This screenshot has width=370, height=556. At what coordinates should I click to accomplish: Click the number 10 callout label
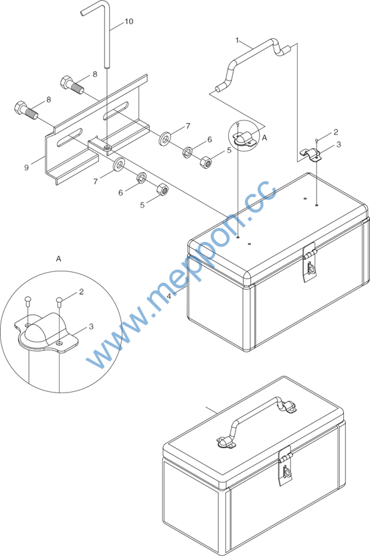click(x=128, y=21)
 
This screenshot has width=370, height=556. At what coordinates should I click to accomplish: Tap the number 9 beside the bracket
click(x=26, y=167)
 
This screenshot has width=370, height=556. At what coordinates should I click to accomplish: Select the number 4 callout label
click(x=169, y=295)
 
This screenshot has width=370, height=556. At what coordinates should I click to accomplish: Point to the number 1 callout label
click(x=238, y=40)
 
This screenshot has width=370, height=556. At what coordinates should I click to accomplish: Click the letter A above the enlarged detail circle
click(x=58, y=259)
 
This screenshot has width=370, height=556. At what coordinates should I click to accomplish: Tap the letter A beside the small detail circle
click(x=264, y=138)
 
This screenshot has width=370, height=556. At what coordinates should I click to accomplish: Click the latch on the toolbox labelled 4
click(x=310, y=263)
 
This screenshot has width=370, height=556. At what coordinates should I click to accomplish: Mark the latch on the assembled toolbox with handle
click(x=286, y=466)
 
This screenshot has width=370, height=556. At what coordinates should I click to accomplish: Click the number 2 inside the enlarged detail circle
click(x=82, y=291)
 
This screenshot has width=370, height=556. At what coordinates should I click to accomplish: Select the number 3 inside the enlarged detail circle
click(x=91, y=326)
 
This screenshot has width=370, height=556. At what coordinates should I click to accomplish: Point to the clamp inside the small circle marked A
click(x=244, y=138)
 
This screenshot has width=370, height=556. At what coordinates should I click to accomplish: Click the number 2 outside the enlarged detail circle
click(x=336, y=132)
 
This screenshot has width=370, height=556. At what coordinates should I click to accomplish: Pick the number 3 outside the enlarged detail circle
click(x=339, y=144)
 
